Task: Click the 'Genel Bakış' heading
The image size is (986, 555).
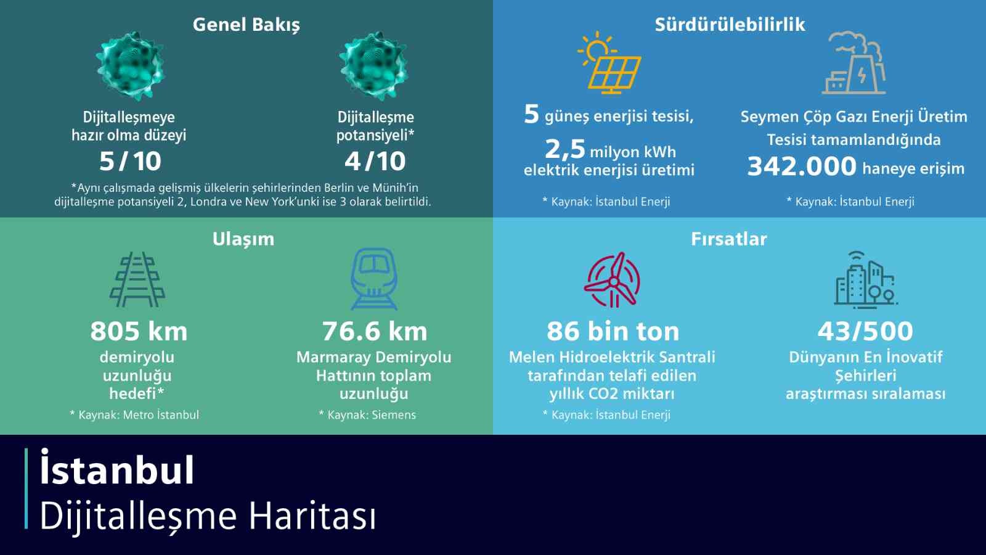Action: pyautogui.click(x=246, y=25)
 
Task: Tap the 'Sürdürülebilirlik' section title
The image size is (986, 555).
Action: pyautogui.click(x=730, y=25)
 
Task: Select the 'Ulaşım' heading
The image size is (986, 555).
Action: pyautogui.click(x=243, y=239)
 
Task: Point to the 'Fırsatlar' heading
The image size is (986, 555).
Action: pyautogui.click(x=729, y=239)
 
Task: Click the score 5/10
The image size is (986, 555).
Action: pyautogui.click(x=130, y=162)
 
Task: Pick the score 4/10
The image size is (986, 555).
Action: pyautogui.click(x=375, y=162)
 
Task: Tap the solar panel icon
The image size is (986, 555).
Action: pyautogui.click(x=609, y=64)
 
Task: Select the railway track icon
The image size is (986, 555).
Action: pyautogui.click(x=137, y=279)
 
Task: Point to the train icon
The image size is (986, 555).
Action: pyautogui.click(x=374, y=279)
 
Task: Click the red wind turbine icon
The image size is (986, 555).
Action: pyautogui.click(x=613, y=280)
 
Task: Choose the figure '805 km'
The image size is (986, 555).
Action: pyautogui.click(x=139, y=331)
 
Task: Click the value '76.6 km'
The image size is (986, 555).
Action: pyautogui.click(x=375, y=331)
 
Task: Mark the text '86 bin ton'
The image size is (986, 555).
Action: pyautogui.click(x=613, y=331)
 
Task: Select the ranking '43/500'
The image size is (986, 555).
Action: pyautogui.click(x=865, y=331)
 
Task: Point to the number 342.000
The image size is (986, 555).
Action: pyautogui.click(x=802, y=166)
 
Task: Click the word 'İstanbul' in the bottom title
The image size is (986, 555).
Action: pyautogui.click(x=117, y=470)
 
